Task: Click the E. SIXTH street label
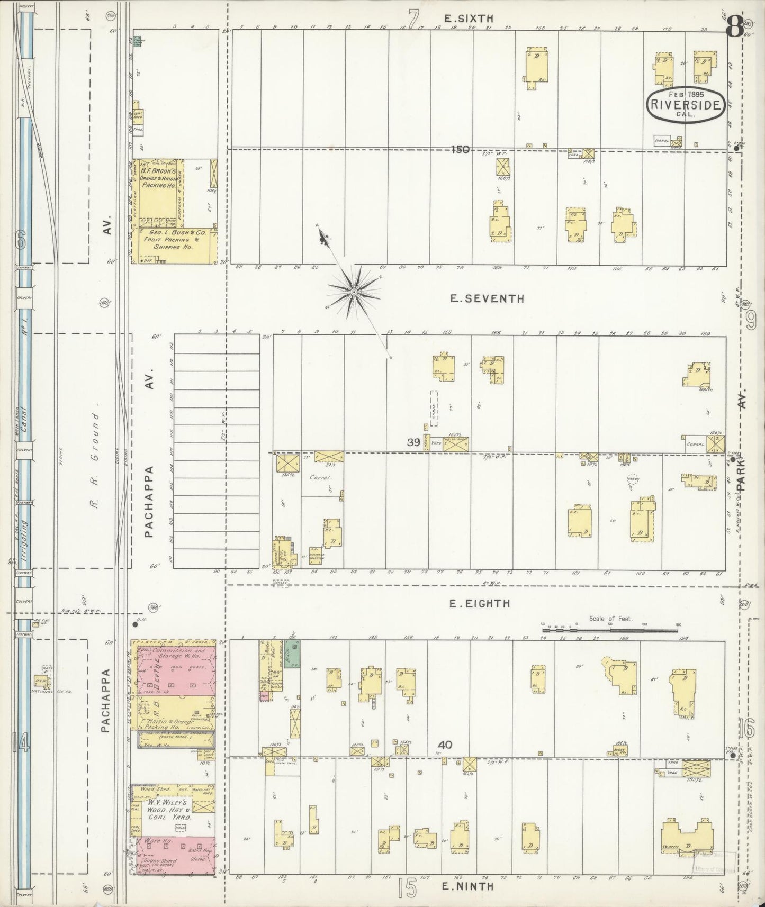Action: pos(469,19)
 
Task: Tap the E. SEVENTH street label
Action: pos(487,299)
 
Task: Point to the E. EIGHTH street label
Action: pos(480,603)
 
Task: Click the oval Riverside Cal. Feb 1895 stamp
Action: pos(686,104)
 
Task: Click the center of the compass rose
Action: pos(353,292)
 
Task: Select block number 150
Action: pos(460,150)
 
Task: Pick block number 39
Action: pos(413,442)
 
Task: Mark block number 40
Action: pos(445,745)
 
